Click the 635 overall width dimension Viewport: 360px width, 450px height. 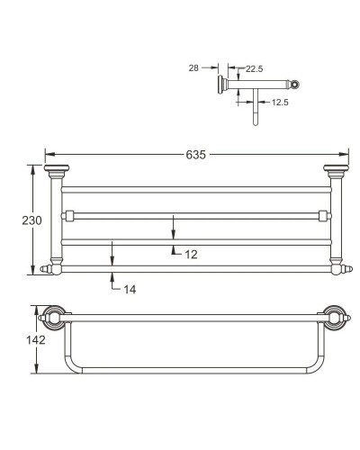point(196,155)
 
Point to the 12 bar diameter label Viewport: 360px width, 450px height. point(191,255)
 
